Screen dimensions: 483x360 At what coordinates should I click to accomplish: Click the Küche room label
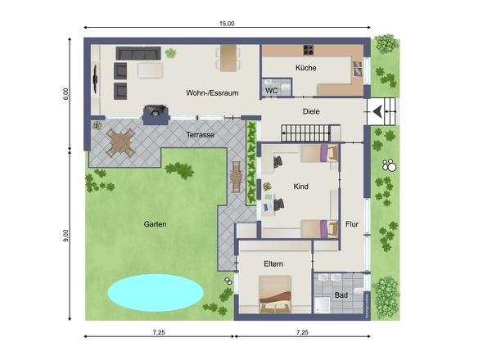point(305,68)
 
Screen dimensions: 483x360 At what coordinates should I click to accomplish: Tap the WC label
point(271,91)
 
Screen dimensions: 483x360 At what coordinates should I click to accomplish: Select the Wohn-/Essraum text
point(212,93)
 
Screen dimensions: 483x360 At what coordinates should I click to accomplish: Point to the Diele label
point(311,111)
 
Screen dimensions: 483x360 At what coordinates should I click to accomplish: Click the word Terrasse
point(201,134)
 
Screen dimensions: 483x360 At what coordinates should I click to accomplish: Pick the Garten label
point(155,224)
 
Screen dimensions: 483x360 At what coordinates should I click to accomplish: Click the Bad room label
point(341,295)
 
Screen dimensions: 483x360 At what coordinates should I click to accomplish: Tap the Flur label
point(352,224)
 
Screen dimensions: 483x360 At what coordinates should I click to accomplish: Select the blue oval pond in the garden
point(156,293)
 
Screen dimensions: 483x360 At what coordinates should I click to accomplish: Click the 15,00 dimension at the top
point(227,24)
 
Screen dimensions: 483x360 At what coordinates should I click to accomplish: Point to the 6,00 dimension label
point(65,94)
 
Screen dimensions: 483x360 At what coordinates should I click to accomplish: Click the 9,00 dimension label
point(66,236)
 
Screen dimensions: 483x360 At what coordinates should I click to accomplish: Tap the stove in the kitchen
point(309,50)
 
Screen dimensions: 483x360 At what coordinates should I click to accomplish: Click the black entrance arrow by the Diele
point(377,111)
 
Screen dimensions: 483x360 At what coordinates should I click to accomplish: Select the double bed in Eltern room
point(275,295)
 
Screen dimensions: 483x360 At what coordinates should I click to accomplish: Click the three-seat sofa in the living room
point(138,53)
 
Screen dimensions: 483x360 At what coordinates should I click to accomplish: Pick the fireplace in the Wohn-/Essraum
point(156,115)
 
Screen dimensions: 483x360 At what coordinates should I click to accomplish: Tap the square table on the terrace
point(120,143)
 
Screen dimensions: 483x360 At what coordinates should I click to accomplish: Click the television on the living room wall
point(96,79)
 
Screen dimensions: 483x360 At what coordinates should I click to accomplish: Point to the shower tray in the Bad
point(322,305)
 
